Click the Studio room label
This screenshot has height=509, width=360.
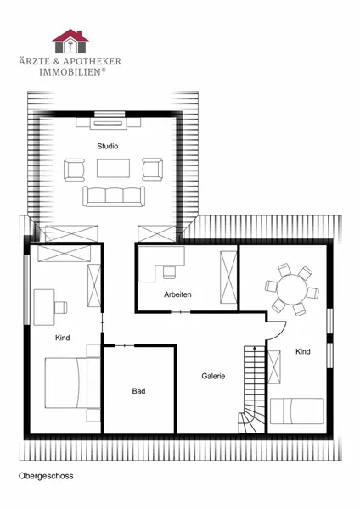[x=108, y=146]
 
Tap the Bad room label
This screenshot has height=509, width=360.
[x=138, y=391]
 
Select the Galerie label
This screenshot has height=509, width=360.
[x=213, y=376]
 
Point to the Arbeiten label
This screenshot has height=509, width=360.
[x=177, y=294]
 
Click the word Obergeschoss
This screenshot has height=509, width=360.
[x=46, y=476]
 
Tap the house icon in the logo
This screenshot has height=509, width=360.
[x=70, y=42]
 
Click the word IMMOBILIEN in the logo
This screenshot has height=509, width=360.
[x=70, y=72]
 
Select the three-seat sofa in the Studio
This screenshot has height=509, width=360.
[x=114, y=197]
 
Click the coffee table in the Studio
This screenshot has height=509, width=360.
[x=114, y=169]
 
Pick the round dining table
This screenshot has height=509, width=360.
[x=292, y=289]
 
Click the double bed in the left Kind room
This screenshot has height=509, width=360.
[x=66, y=383]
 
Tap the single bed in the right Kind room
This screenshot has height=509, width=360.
[x=297, y=411]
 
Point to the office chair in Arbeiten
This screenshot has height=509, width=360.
[x=169, y=272]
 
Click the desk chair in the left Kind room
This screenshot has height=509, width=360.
[x=61, y=307]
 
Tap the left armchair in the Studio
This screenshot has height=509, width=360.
[x=75, y=170]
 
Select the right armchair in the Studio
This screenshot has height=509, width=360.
[x=153, y=169]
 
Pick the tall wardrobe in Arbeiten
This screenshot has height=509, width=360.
[x=228, y=277]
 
